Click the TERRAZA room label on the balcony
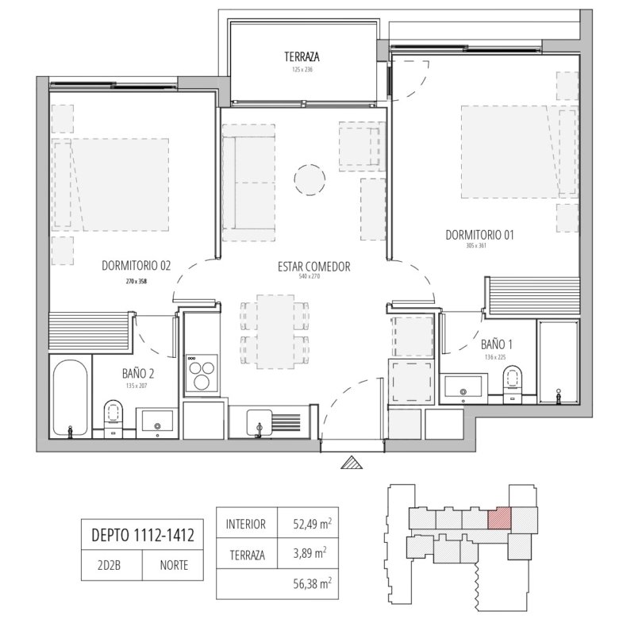[302, 57]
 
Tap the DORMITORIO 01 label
[479, 235]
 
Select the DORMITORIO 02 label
[136, 266]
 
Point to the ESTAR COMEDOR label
[313, 267]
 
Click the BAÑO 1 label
[496, 344]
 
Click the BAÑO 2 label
[138, 373]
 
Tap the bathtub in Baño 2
[71, 397]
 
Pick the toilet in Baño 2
[113, 416]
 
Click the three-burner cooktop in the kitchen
[202, 373]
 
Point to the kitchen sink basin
[260, 422]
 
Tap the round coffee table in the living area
[309, 179]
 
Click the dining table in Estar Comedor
[275, 332]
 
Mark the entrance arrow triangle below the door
[352, 463]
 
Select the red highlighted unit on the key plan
[499, 517]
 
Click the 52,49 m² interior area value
[312, 524]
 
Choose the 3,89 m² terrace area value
[309, 552]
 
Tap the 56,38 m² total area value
[312, 583]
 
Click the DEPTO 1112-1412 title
[143, 536]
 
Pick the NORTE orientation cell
[174, 565]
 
